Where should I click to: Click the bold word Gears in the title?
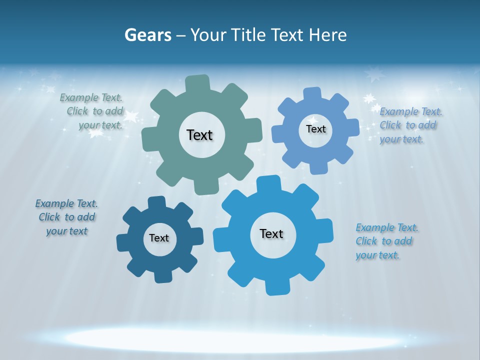pyautogui.click(x=147, y=35)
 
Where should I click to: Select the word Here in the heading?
pyautogui.click(x=328, y=35)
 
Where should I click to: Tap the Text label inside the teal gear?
pyautogui.click(x=199, y=135)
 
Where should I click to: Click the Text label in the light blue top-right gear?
pyautogui.click(x=315, y=129)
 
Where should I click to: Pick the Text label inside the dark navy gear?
pyautogui.click(x=159, y=238)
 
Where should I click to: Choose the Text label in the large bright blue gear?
pyautogui.click(x=271, y=233)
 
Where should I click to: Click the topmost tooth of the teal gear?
pyautogui.click(x=197, y=83)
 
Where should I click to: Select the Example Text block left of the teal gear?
pyautogui.click(x=92, y=111)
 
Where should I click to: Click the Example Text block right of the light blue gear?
pyautogui.click(x=410, y=125)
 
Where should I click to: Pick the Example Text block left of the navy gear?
pyautogui.click(x=66, y=217)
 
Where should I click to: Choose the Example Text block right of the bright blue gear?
pyautogui.click(x=386, y=241)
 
